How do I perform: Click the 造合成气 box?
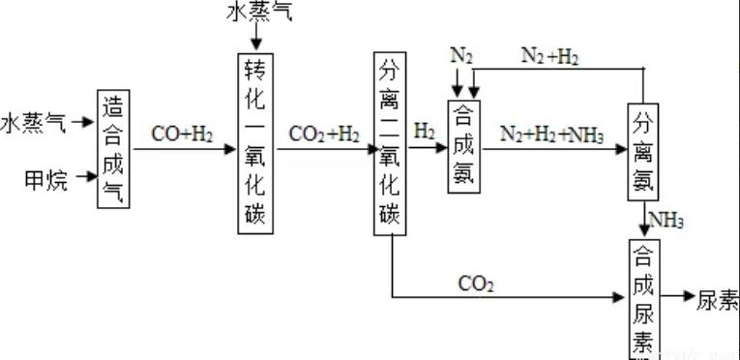click(113, 147)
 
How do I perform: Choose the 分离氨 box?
click(644, 151)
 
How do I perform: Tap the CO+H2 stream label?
click(183, 134)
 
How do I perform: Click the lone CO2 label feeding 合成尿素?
click(477, 285)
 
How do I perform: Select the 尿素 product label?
click(717, 301)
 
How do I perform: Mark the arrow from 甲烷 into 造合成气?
click(85, 178)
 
